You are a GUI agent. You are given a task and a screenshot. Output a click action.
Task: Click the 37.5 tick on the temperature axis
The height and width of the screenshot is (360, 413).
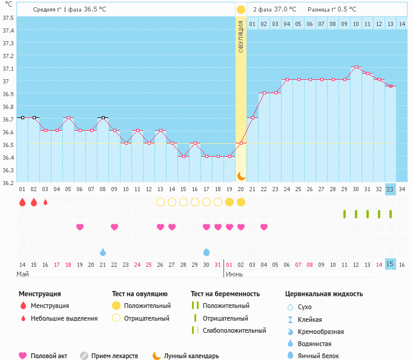(8, 18)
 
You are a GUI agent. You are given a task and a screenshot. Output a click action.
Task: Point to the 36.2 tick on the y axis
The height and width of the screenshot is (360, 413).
(8, 183)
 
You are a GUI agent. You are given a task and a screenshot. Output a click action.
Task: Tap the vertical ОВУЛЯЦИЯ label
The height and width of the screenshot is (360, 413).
(240, 36)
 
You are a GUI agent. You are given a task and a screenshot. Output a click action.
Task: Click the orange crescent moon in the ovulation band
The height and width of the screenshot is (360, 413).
(241, 175)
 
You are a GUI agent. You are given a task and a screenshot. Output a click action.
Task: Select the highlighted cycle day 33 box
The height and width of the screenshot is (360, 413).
(390, 189)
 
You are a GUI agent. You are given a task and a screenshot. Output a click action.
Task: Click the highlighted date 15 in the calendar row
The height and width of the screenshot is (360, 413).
(390, 264)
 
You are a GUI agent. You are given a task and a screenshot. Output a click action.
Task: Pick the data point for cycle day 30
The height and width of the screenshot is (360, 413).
(356, 67)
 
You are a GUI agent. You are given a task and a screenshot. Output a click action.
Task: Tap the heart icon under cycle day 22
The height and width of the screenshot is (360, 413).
(264, 227)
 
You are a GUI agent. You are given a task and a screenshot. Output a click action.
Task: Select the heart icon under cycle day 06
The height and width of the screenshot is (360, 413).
(80, 227)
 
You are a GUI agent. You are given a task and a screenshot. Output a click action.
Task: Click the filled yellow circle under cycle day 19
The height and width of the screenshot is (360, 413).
(230, 202)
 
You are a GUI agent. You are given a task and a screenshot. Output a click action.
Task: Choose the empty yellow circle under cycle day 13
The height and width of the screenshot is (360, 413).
(160, 202)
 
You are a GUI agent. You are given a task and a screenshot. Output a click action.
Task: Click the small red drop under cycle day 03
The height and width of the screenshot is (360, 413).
(45, 202)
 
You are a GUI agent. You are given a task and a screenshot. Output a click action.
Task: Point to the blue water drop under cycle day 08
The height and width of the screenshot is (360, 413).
(103, 252)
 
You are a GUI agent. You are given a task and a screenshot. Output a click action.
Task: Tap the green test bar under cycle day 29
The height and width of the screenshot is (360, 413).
(345, 214)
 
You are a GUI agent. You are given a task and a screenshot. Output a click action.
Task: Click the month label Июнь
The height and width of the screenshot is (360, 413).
(234, 274)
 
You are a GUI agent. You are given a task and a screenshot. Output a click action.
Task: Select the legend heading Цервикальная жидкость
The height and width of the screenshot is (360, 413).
(324, 294)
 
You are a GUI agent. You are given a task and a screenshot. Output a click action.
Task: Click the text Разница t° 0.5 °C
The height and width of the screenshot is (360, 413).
(332, 10)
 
